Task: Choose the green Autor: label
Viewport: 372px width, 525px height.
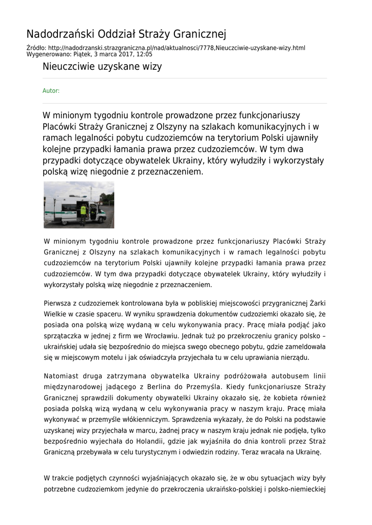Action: pyautogui.click(x=51, y=91)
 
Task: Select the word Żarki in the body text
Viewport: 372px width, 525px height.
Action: pyautogui.click(x=316, y=304)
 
